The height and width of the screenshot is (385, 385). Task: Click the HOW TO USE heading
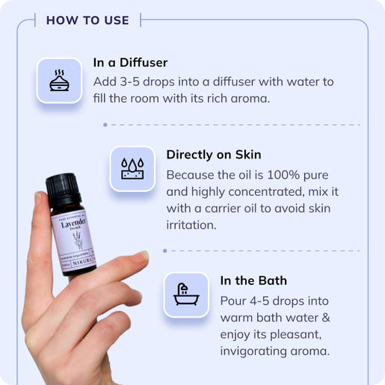pos(87,20)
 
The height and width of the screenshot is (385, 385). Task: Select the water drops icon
pos(132,167)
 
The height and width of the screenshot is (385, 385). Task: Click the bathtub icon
pos(185,294)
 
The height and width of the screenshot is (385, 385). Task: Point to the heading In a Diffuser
pos(131,62)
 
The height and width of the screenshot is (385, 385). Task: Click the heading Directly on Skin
pos(214,155)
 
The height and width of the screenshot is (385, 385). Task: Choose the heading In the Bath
pos(253,281)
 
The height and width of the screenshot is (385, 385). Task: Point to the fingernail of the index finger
pos(141,256)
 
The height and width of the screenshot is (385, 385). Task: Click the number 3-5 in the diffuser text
pos(132,81)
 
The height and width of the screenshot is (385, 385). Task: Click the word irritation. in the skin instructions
pos(191,224)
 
